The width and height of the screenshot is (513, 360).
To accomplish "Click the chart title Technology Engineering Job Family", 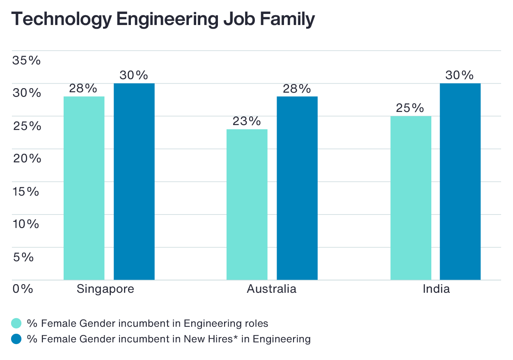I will point(163,20).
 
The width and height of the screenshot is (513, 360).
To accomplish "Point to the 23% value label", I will point(247,121).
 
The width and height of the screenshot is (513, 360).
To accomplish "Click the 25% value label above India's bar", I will point(410,108).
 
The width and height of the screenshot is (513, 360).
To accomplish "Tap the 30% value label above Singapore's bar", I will point(134,75).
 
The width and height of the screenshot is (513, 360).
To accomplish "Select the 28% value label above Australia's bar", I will point(297,89).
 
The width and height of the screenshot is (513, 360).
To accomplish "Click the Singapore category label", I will point(105,289).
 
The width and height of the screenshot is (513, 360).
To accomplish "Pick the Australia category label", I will point(271,289).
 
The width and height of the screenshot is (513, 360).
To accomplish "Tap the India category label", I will point(436,289).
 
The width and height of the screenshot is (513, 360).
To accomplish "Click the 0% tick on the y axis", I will point(23,289).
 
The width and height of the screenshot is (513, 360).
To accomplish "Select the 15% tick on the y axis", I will point(26,191).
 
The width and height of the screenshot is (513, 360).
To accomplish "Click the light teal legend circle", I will point(16,323).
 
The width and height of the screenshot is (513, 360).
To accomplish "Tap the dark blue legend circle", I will point(16,339).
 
